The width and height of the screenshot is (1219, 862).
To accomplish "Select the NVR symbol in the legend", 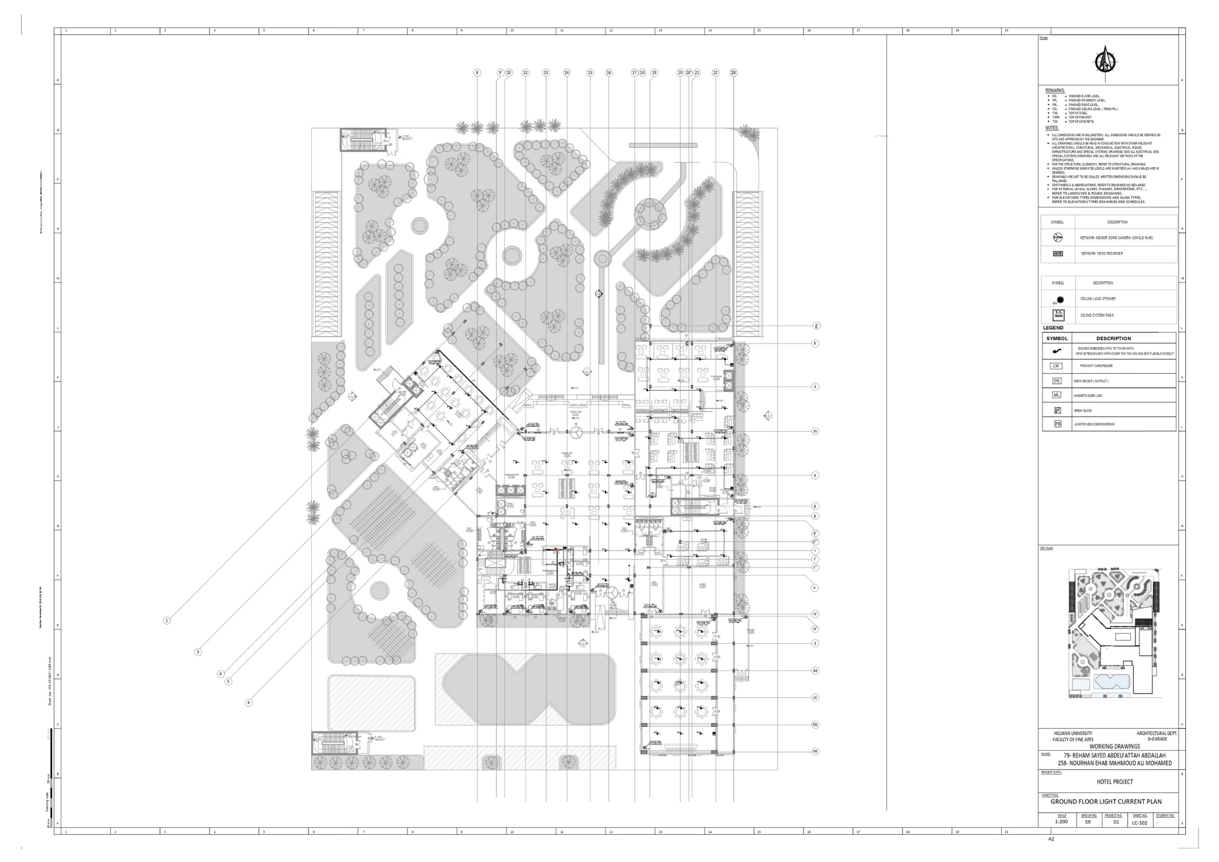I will click(x=1057, y=254).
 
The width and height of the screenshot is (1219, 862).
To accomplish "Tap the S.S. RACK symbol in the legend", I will click(x=1058, y=315).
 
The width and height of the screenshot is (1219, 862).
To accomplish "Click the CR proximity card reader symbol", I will click(x=1056, y=366).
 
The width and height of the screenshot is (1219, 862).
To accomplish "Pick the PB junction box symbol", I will click(x=1057, y=424).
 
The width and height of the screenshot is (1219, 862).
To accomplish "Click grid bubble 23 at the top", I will click(x=733, y=73).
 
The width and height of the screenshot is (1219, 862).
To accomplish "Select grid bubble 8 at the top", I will click(x=477, y=73).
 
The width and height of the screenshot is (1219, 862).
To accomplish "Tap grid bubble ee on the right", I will click(x=815, y=752).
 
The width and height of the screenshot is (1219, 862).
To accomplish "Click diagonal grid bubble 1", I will click(x=167, y=620).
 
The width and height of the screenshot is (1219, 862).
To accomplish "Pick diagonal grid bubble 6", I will click(x=249, y=703).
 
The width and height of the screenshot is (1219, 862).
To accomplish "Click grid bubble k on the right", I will click(x=815, y=387).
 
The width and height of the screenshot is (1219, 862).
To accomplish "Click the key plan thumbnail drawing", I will click(x=1108, y=633).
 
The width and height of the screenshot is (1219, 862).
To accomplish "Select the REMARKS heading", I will click(x=1055, y=91).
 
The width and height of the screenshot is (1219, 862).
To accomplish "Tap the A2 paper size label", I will click(x=1051, y=854).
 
